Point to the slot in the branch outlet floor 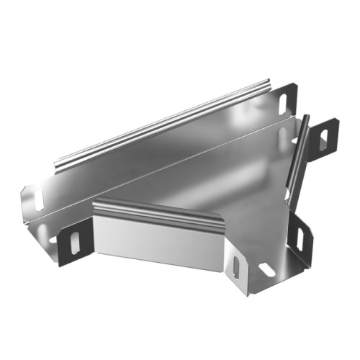pos(266,269)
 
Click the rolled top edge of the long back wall pos(166,122)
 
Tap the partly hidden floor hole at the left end pos(51,238)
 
